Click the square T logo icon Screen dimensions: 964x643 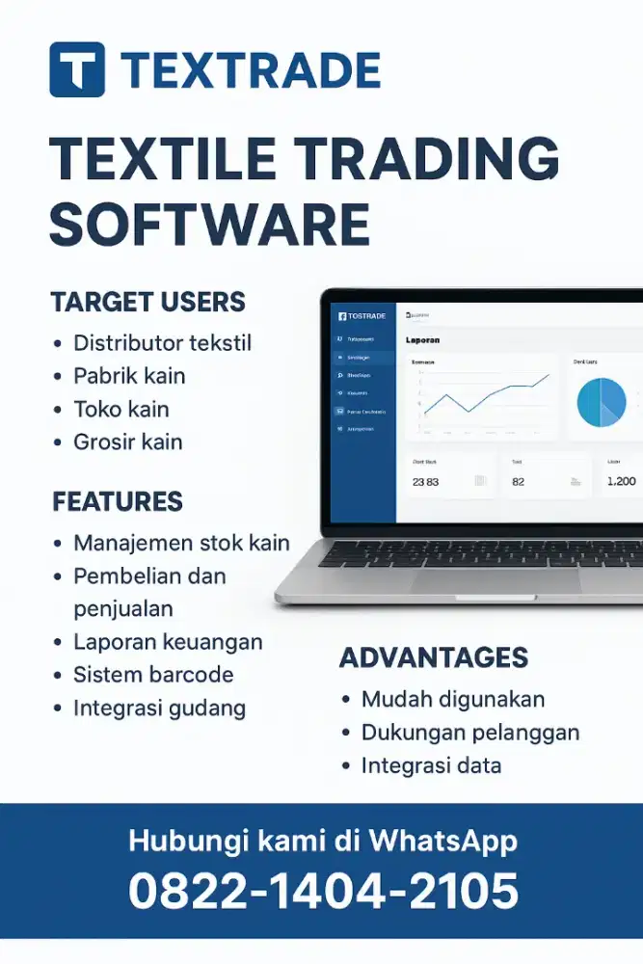[77, 69]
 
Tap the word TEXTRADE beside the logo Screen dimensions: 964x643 [251, 70]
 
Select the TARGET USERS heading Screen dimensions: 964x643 [147, 302]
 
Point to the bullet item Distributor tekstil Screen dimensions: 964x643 [162, 342]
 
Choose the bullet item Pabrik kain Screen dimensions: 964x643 [129, 376]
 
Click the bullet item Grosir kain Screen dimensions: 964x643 [127, 442]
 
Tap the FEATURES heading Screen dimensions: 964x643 [117, 501]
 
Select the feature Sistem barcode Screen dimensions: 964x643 [153, 674]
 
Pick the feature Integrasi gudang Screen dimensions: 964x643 [159, 708]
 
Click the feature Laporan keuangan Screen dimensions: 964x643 [168, 641]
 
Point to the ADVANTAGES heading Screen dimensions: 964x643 [434, 658]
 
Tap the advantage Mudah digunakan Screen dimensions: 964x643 [453, 699]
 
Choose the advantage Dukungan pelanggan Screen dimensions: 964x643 [470, 733]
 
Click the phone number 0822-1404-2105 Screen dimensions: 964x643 [323, 890]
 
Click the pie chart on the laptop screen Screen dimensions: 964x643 [602, 402]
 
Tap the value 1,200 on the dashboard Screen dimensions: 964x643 [621, 481]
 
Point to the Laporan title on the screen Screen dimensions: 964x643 [423, 340]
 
